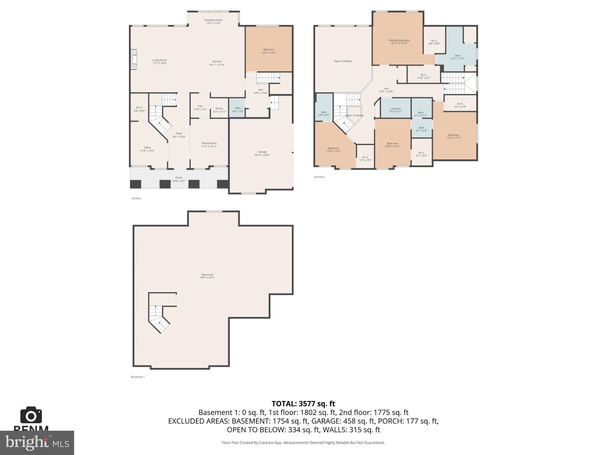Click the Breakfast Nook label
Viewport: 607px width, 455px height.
pyautogui.click(x=213, y=22)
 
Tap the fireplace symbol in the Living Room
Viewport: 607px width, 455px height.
pyautogui.click(x=134, y=60)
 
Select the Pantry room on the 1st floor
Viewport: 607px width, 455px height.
pyautogui.click(x=219, y=110)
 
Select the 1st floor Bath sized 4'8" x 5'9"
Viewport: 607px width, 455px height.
pyautogui.click(x=238, y=110)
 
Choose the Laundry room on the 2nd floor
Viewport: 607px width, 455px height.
pyautogui.click(x=395, y=110)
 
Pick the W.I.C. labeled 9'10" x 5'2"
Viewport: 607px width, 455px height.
pyautogui.click(x=424, y=76)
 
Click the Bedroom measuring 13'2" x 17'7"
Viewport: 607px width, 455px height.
pyautogui.click(x=453, y=136)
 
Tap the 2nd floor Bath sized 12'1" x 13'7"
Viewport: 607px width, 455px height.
pyautogui.click(x=458, y=57)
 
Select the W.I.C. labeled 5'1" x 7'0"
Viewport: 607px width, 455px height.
pyautogui.click(x=365, y=158)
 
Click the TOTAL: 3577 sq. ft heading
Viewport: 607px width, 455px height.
pyautogui.click(x=303, y=404)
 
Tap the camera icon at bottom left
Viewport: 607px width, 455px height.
pyautogui.click(x=31, y=415)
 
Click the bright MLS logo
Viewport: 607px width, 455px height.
pyautogui.click(x=37, y=443)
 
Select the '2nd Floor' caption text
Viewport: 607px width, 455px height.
pyautogui.click(x=319, y=177)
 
